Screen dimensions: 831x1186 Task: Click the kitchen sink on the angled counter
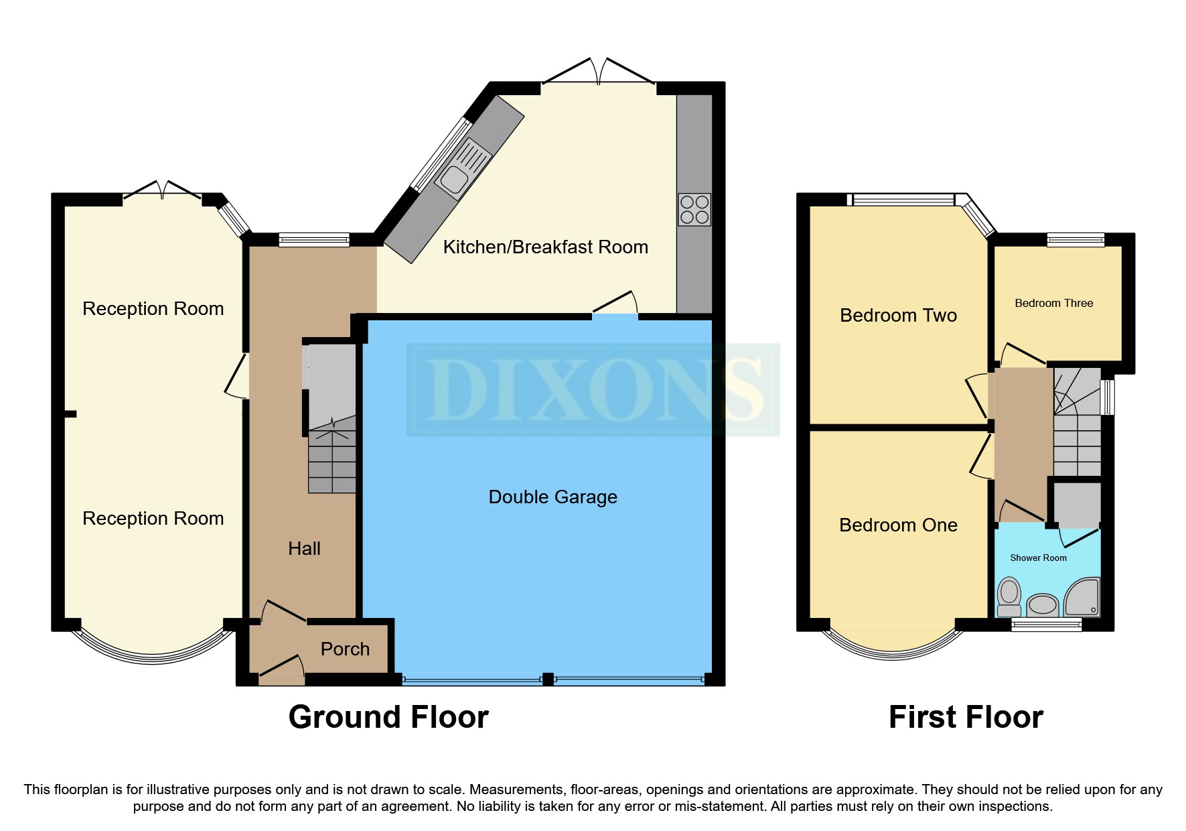[x=455, y=178]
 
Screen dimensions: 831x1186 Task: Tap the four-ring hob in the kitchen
[x=694, y=209]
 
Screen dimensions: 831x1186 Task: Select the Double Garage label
[x=552, y=497]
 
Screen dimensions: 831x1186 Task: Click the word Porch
[x=345, y=649]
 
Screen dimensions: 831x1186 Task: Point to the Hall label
[x=304, y=548]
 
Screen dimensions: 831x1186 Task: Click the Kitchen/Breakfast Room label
[x=545, y=247]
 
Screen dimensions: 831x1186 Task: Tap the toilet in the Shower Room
[x=1009, y=596]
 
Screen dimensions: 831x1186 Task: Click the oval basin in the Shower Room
[x=1041, y=605]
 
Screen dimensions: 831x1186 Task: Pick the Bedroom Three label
[x=1053, y=303]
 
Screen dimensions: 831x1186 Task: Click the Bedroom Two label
[x=898, y=316]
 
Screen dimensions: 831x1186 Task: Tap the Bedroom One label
[x=898, y=525]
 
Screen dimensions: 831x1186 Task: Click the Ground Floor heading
[x=388, y=717]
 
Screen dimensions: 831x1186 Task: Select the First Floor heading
[x=966, y=717]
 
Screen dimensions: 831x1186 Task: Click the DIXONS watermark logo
[x=593, y=390]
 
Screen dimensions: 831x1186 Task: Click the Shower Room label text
[x=1038, y=558]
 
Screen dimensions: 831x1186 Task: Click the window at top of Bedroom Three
[x=1076, y=239]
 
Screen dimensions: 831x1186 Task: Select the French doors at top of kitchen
[x=598, y=74]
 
